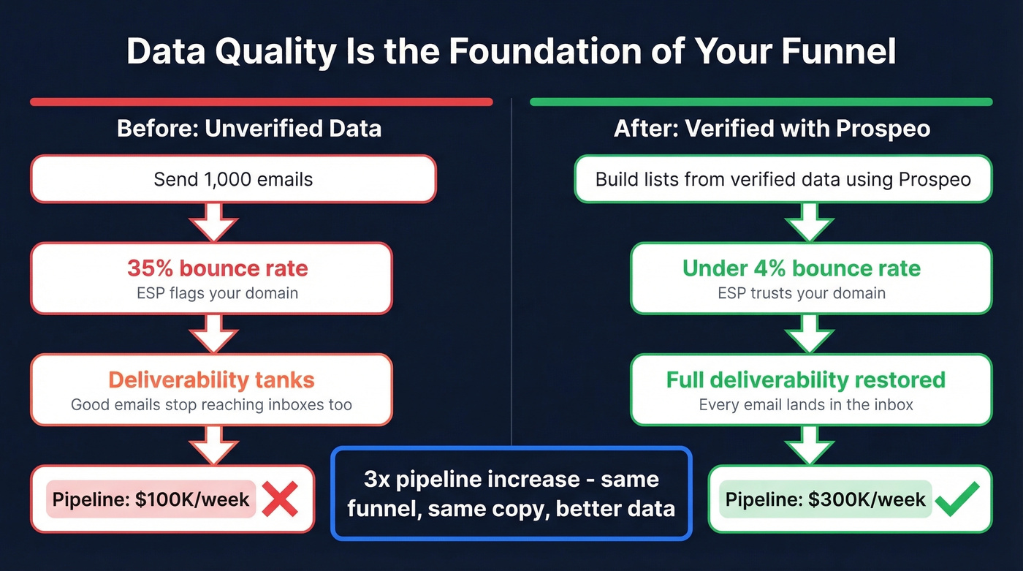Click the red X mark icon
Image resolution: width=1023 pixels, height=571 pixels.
tap(279, 500)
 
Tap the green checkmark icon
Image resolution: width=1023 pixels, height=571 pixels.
tap(957, 500)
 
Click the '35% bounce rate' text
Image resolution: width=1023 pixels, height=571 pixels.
tap(218, 268)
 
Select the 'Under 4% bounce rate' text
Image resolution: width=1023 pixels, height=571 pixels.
tap(801, 268)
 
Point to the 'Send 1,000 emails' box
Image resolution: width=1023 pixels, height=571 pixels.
tap(233, 179)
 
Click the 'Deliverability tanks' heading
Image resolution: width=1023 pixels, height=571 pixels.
tap(211, 380)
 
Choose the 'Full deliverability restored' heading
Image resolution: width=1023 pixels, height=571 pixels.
tap(805, 380)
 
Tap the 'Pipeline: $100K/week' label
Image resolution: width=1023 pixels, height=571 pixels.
tap(151, 500)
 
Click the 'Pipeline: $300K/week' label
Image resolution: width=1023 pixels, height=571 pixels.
tap(826, 500)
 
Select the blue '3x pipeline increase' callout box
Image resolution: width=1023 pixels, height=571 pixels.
tap(511, 494)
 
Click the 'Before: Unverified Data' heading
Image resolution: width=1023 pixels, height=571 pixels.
tap(249, 129)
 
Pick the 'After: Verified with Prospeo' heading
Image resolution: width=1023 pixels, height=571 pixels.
tap(772, 129)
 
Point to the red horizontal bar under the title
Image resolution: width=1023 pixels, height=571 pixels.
tap(261, 102)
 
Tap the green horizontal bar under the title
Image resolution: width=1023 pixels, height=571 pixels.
tap(761, 102)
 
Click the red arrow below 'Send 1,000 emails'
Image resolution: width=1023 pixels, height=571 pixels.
tap(213, 222)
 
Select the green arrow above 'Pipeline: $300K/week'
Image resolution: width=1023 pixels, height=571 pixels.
tap(810, 445)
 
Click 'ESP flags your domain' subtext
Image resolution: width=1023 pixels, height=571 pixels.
tap(218, 293)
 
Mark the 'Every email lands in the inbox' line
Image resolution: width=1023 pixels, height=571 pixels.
tap(806, 404)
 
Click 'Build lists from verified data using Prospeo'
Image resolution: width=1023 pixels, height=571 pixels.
tap(783, 179)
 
